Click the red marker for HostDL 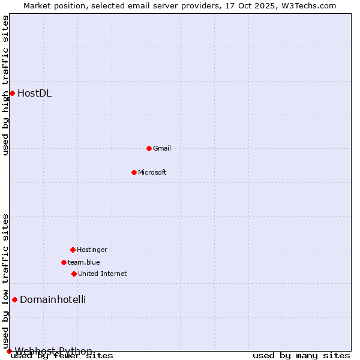click(12, 93)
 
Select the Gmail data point click(149, 148)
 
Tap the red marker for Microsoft click(134, 172)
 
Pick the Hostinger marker click(73, 250)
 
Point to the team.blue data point click(64, 262)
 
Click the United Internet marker click(74, 274)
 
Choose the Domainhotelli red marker click(14, 299)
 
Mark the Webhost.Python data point click(9, 351)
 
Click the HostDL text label click(34, 93)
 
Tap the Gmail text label click(162, 148)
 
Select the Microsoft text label click(152, 172)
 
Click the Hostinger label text click(92, 250)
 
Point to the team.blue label click(84, 262)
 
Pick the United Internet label click(102, 274)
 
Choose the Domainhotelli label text click(53, 299)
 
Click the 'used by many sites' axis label click(301, 355)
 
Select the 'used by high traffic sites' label click(5, 85)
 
